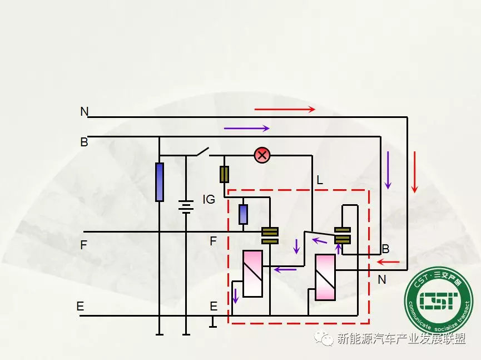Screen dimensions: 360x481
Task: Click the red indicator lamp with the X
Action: [x=262, y=155]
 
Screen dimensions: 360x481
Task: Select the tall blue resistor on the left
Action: [x=160, y=182]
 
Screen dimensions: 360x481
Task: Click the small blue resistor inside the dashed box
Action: [x=243, y=214]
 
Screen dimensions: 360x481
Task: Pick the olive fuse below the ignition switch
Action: [x=225, y=174]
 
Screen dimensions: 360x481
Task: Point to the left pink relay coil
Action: [x=252, y=273]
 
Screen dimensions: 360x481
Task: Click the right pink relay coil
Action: [x=325, y=277]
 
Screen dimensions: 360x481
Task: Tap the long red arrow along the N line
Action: [x=285, y=110]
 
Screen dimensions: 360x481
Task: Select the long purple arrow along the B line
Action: [x=246, y=129]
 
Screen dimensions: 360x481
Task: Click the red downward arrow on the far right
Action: [x=414, y=172]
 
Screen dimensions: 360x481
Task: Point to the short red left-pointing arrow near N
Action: [x=388, y=262]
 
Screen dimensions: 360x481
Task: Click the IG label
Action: [x=209, y=199]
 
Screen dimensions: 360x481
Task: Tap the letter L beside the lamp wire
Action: [x=319, y=180]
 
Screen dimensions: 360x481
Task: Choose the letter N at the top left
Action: [x=85, y=112]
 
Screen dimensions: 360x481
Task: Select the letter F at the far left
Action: [x=83, y=245]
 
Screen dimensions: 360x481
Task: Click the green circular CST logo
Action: [x=438, y=300]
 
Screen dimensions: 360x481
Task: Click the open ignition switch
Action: [x=201, y=151]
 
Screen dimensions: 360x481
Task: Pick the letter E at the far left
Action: [x=81, y=307]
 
